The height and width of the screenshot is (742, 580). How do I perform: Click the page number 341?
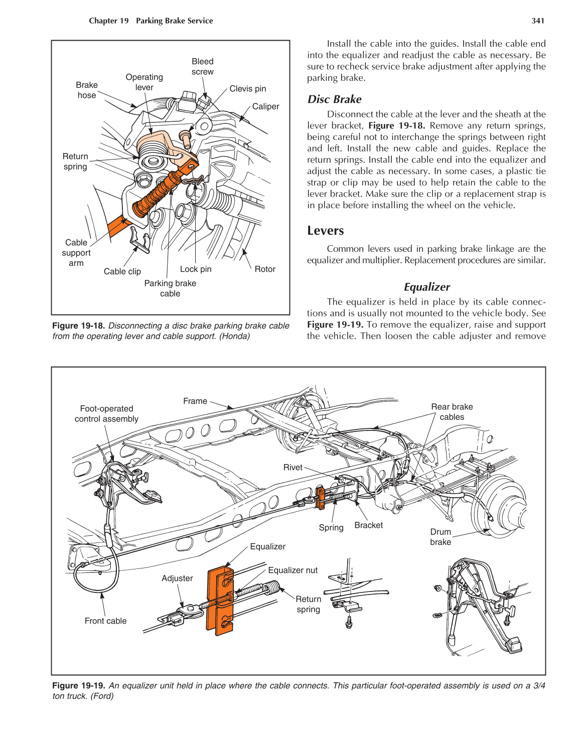tap(538, 21)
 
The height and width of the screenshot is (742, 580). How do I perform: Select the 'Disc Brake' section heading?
tap(334, 99)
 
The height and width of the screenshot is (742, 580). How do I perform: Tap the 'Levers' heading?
tap(326, 231)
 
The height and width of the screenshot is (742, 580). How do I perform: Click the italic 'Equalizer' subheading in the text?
tap(426, 287)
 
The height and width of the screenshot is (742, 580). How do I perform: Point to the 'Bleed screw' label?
tap(202, 67)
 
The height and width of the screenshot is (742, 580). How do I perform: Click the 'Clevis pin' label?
tap(247, 89)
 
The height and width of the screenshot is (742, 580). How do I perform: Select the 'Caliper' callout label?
tap(265, 106)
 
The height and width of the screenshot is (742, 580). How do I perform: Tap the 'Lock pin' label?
tap(196, 269)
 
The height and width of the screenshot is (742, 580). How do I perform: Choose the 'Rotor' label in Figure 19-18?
tap(265, 269)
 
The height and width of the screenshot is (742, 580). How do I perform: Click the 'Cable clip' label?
tap(122, 271)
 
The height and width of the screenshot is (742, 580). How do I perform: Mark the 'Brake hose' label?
tap(87, 90)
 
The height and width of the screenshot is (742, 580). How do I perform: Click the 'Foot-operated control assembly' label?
tap(106, 414)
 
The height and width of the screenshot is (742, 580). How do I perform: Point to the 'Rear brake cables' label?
tap(452, 412)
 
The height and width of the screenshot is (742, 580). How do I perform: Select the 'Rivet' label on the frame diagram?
tap(293, 468)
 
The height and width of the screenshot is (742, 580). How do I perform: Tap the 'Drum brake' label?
tap(441, 537)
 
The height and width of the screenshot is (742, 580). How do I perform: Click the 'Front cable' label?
tap(105, 621)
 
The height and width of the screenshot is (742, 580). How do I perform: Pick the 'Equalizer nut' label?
tap(293, 570)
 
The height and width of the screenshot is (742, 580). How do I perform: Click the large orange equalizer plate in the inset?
tap(219, 602)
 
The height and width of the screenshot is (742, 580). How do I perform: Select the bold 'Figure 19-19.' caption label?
tap(79, 686)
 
